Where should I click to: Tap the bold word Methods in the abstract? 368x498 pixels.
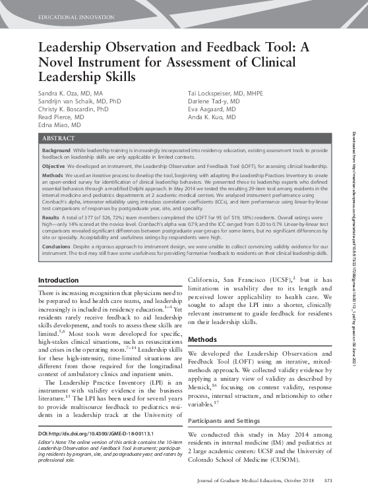[52, 177]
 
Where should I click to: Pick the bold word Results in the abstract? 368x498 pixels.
[51, 217]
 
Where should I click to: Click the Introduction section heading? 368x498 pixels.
[60, 280]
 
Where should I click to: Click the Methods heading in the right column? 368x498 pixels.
[203, 339]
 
